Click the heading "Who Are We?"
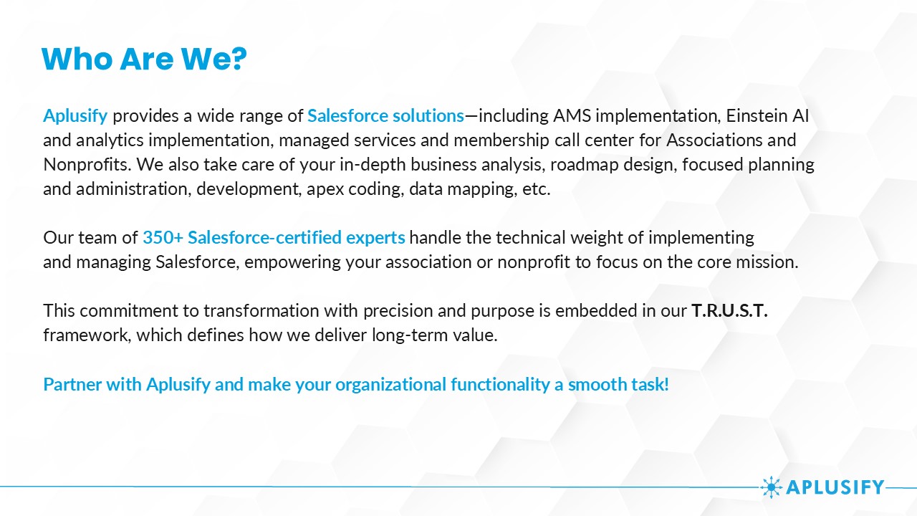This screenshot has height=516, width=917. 144,59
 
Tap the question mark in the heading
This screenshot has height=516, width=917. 236,59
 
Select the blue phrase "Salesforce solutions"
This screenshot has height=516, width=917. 385,116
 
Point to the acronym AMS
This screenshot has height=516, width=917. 572,116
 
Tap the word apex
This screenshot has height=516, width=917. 325,190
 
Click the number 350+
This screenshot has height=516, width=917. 163,237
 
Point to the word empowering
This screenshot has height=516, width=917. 292,263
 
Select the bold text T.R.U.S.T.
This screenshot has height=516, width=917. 729,311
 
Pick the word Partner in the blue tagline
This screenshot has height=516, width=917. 72,385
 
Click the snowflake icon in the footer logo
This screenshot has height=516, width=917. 772,487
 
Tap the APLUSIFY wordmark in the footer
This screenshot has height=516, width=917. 835,487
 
